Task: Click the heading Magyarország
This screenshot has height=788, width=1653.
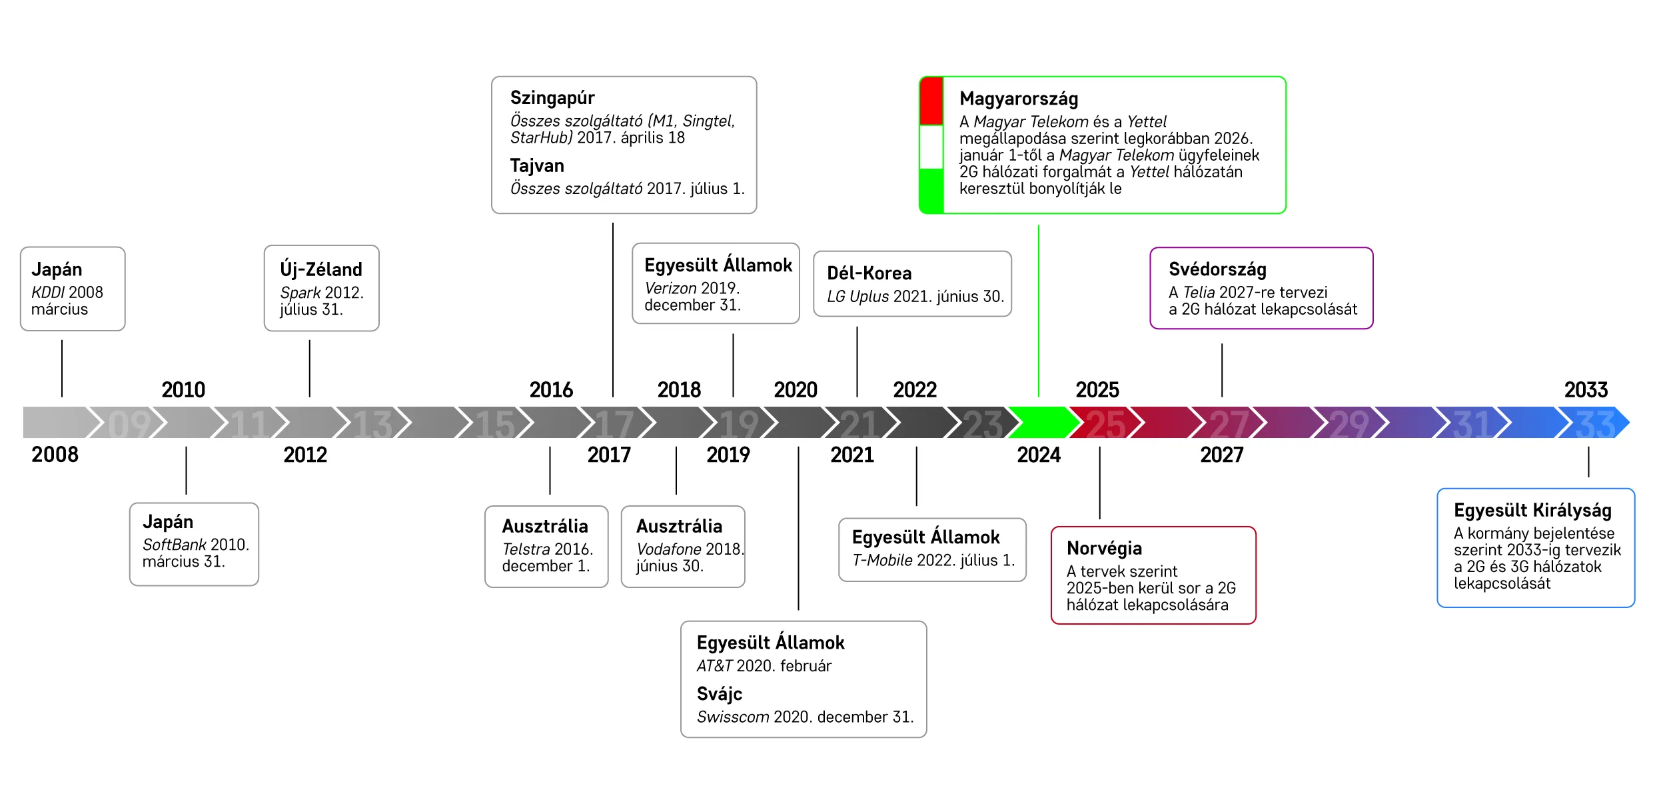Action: (1018, 99)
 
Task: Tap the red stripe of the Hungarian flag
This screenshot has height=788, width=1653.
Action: (931, 101)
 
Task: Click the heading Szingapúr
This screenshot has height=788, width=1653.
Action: (552, 99)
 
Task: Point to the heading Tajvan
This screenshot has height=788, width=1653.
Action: (537, 166)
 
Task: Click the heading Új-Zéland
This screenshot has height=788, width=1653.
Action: (321, 269)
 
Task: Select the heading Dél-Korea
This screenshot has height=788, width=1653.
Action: (869, 273)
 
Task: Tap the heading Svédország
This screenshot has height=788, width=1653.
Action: (1217, 270)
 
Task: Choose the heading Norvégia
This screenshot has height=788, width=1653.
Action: (1104, 549)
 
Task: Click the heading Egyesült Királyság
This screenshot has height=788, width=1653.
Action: (1532, 511)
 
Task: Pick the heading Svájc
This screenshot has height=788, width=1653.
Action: (720, 695)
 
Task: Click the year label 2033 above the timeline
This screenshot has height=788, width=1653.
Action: (1586, 390)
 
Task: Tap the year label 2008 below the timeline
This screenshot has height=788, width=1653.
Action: (55, 455)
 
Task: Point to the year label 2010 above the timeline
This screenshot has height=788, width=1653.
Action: (183, 390)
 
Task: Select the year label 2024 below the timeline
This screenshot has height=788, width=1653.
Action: (1039, 455)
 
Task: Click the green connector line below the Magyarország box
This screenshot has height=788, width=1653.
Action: (1039, 311)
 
